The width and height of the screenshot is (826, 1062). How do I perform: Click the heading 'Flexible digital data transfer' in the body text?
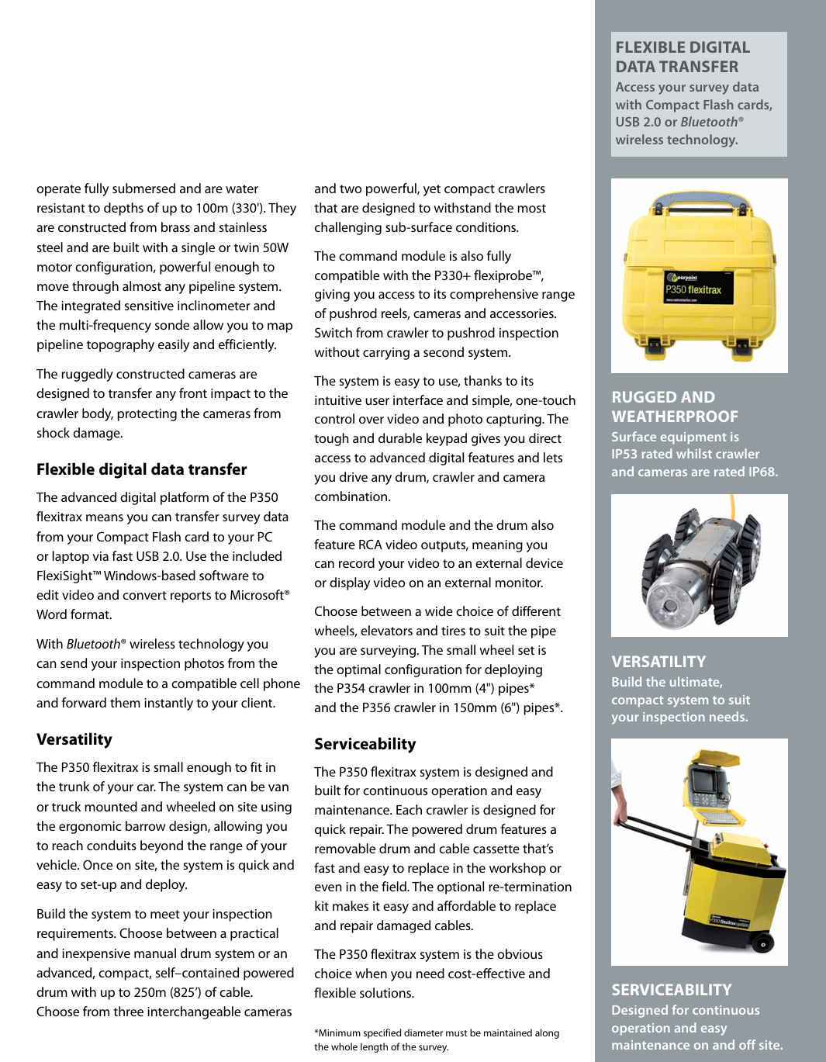click(141, 469)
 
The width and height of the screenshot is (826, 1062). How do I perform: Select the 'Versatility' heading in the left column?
click(74, 739)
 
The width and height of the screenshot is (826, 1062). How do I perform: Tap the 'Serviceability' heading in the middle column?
click(365, 744)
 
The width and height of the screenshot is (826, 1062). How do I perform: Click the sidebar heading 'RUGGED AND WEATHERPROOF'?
click(674, 406)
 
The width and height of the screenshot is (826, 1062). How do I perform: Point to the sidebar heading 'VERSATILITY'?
click(658, 662)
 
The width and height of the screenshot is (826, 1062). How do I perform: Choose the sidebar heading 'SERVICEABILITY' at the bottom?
click(671, 990)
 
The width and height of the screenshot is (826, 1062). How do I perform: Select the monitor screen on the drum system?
click(707, 778)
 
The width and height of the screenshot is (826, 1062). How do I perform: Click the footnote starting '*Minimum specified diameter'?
click(436, 1040)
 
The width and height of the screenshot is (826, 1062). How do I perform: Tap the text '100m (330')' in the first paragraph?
click(232, 208)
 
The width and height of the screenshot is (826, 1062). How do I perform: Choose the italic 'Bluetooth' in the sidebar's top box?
click(709, 122)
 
